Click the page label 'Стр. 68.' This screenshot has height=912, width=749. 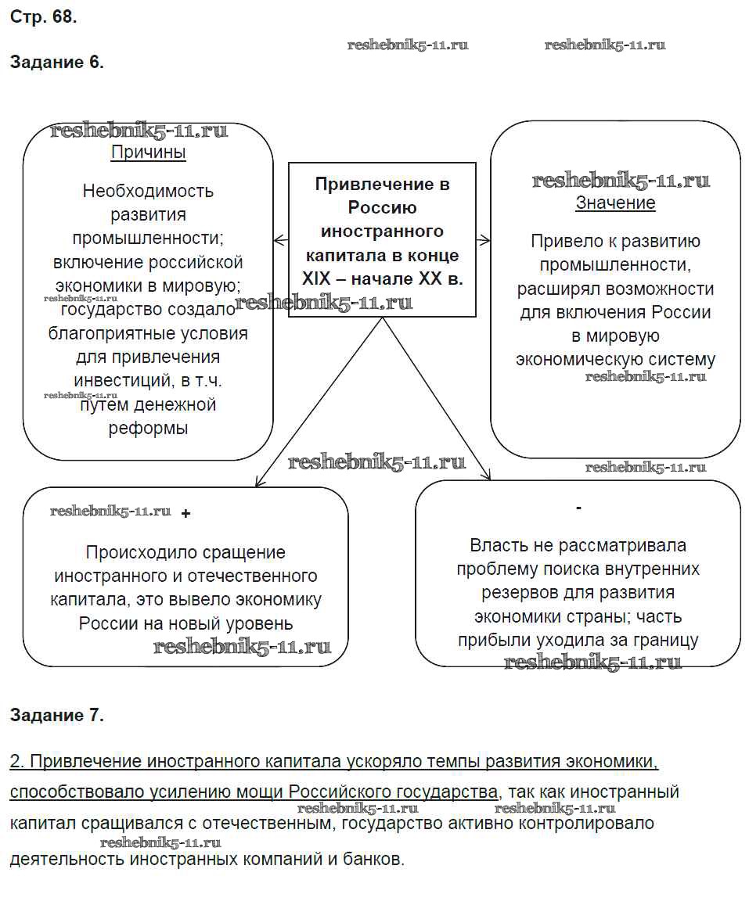43,16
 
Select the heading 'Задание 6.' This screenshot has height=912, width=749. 56,63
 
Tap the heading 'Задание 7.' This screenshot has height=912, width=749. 56,714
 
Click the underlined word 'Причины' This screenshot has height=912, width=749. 149,153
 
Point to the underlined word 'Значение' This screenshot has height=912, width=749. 615,203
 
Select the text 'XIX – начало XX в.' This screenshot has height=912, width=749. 383,278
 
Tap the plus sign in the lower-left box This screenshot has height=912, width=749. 185,514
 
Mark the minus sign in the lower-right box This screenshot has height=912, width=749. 578,508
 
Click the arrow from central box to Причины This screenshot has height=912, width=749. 281,240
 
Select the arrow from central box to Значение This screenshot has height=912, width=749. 483,240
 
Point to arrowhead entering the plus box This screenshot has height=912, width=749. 259,483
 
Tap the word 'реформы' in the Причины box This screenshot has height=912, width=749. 149,429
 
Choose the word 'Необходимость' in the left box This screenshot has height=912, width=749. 148,191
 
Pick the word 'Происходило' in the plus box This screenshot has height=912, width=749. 131,553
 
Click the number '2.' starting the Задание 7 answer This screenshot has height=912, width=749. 18,761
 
